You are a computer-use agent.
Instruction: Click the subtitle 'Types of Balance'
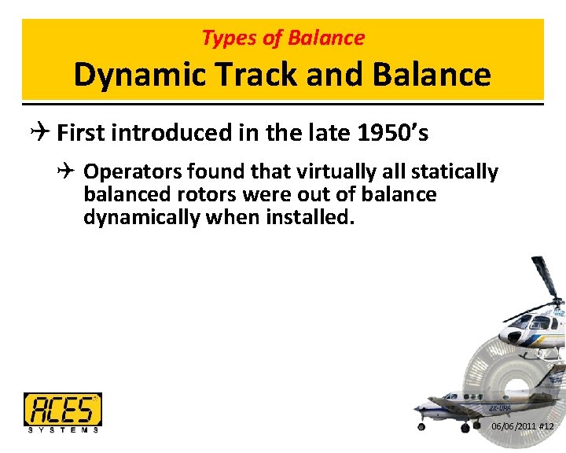(283, 38)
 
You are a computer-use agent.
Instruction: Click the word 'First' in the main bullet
(81, 133)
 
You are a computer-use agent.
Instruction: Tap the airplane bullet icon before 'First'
(43, 133)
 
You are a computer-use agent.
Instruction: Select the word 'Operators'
(126, 171)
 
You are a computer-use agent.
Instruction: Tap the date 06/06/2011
(513, 426)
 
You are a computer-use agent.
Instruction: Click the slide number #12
(547, 426)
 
